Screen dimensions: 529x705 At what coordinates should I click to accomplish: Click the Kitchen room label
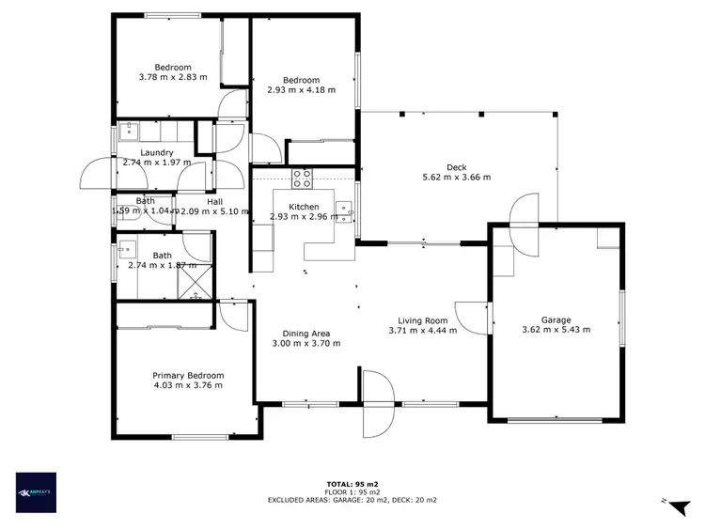click(304, 207)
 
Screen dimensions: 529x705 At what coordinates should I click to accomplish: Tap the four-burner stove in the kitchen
click(303, 176)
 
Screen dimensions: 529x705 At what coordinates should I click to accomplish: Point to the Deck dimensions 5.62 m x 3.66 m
click(457, 176)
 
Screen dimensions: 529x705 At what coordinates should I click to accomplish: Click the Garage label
click(556, 319)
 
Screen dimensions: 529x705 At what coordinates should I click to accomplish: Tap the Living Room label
click(422, 319)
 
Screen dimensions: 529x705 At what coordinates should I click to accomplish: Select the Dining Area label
click(306, 333)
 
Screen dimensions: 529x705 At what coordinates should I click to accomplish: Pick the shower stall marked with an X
click(196, 281)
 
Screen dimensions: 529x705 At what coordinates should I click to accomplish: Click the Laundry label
click(156, 152)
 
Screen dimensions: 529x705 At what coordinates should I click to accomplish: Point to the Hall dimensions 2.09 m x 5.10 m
click(214, 211)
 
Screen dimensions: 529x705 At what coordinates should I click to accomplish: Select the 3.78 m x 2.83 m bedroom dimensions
click(173, 77)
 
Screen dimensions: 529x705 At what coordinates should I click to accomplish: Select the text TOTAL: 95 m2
click(352, 485)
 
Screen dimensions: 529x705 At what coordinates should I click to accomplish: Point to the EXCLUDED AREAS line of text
click(352, 500)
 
